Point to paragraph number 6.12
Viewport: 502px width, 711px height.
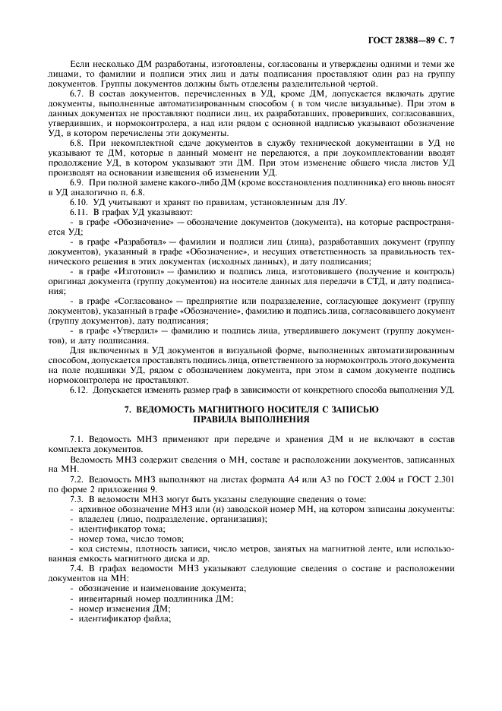[79, 389]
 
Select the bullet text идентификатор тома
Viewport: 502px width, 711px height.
[118, 526]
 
